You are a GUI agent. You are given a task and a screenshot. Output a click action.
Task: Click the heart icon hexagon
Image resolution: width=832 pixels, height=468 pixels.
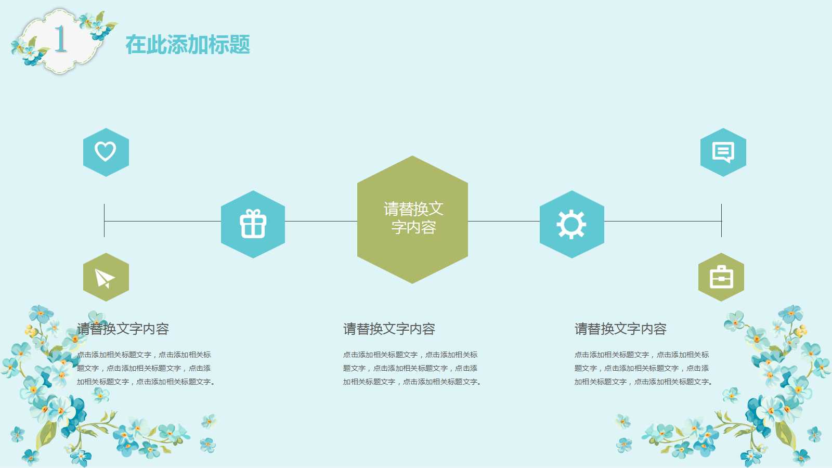(106, 152)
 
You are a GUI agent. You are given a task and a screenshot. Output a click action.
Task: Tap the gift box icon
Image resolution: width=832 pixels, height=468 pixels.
(253, 224)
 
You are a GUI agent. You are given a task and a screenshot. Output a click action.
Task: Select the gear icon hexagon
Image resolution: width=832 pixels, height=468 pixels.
(571, 224)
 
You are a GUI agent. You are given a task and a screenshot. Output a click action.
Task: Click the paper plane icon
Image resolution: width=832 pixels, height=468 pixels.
(106, 277)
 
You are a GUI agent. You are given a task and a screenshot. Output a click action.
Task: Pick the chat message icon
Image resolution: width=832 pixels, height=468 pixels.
(723, 152)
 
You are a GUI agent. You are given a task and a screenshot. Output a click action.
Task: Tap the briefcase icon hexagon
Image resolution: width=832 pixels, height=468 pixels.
(721, 277)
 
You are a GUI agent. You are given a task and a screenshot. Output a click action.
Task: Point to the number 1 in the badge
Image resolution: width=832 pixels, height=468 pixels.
(60, 40)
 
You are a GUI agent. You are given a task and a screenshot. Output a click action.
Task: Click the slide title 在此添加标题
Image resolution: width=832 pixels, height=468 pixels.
(188, 45)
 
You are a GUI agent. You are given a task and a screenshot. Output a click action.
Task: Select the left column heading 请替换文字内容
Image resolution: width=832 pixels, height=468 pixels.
(123, 329)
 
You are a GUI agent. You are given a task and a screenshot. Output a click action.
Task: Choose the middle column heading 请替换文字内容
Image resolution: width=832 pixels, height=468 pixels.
(389, 329)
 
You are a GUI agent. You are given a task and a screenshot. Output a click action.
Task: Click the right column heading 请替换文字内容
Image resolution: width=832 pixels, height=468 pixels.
(620, 329)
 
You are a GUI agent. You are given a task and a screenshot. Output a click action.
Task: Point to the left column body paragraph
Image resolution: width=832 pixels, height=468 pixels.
(146, 368)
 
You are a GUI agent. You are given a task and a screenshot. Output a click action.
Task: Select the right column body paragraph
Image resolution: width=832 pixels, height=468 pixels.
(643, 368)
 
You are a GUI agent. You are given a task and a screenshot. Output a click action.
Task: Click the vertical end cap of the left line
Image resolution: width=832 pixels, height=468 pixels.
(105, 220)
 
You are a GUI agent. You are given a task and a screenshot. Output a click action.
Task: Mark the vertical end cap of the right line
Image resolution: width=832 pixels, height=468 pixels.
(721, 220)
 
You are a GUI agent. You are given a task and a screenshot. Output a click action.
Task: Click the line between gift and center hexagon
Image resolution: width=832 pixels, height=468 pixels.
(321, 221)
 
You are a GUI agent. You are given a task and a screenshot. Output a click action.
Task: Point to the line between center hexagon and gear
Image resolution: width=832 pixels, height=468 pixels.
(503, 221)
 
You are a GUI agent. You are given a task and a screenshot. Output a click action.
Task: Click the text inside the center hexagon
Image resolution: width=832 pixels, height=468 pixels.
(413, 218)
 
